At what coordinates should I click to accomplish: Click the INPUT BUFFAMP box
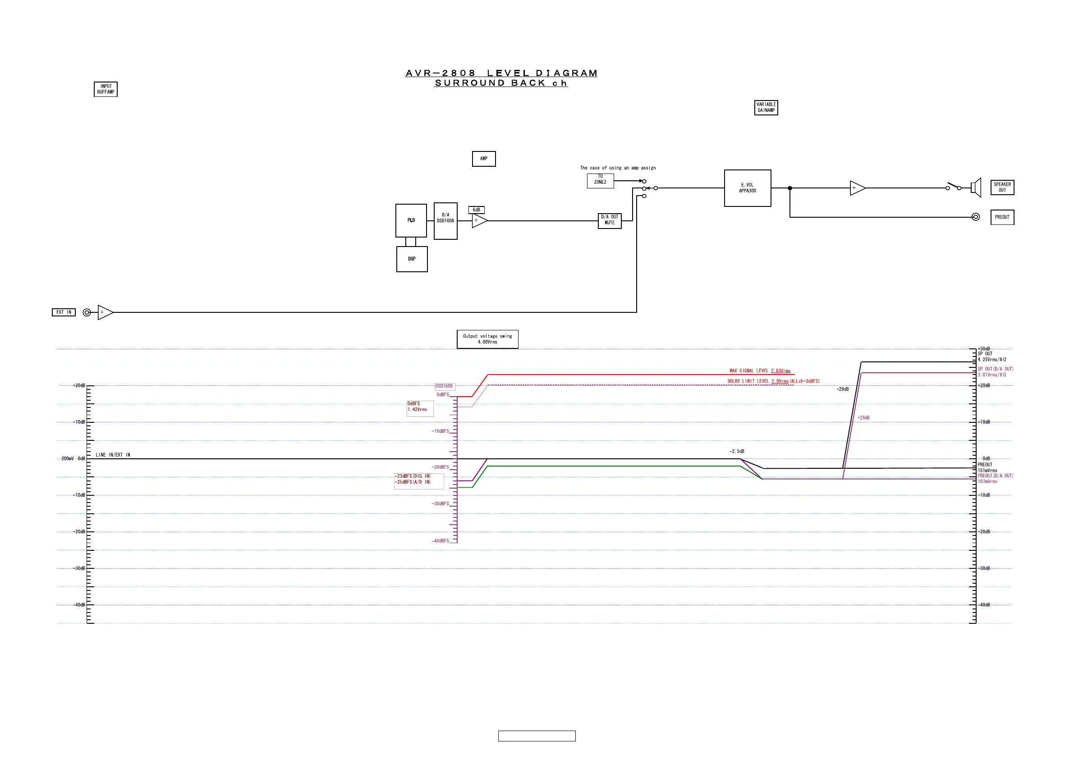tap(106, 89)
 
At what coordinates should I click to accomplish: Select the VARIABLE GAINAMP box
tap(766, 108)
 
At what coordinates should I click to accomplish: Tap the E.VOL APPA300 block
tap(747, 188)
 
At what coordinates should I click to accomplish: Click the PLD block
tap(411, 220)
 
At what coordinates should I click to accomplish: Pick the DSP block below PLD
tap(412, 259)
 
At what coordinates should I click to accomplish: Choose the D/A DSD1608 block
tap(445, 221)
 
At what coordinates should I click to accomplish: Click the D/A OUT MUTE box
tap(610, 220)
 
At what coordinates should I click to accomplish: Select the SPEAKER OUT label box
tap(1002, 187)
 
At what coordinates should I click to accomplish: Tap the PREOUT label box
tap(1002, 217)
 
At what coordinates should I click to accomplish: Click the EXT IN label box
tap(64, 312)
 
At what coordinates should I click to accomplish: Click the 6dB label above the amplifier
tap(476, 210)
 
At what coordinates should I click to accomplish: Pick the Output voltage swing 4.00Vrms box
tap(487, 339)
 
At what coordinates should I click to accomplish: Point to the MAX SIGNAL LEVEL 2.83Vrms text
tap(760, 371)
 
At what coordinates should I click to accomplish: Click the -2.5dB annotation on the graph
tap(737, 451)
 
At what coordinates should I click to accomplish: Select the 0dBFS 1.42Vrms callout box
tap(420, 408)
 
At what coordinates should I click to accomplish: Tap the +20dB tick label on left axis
tap(79, 386)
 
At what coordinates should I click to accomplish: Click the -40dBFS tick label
tap(440, 541)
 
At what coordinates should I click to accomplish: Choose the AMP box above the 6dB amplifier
tap(484, 159)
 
